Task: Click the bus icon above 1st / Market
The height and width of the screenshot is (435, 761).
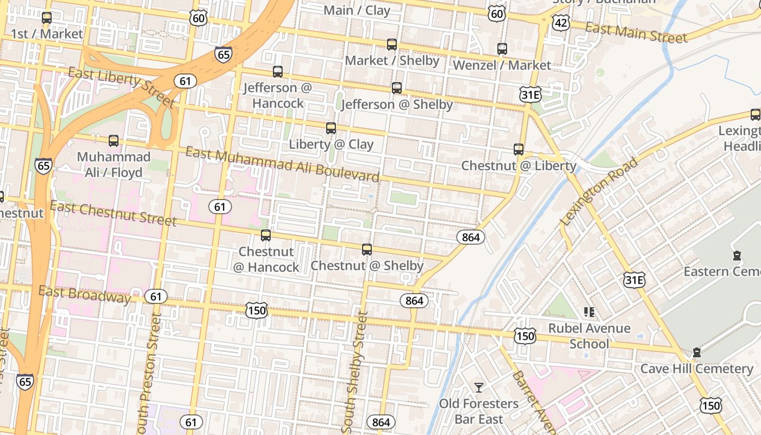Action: point(47,18)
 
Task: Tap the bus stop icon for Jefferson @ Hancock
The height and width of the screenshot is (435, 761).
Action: point(278,72)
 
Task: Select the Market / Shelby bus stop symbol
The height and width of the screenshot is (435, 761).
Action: point(392,45)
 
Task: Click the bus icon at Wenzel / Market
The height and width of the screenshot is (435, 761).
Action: point(502,49)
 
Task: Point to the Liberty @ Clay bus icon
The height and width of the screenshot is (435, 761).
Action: point(331,128)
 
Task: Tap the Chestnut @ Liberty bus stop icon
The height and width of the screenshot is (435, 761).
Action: point(519,150)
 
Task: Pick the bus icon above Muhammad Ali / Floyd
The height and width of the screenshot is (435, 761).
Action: point(114,141)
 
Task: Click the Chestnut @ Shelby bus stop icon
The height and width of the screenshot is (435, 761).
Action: point(367,250)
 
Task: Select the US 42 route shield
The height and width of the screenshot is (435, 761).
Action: point(560,22)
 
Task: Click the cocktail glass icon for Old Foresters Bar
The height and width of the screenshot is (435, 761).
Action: point(479,388)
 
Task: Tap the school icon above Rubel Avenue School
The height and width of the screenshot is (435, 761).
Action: point(589,312)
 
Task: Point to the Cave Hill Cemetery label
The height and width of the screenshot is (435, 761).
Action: point(697,369)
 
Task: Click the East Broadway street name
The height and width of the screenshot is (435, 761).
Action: point(84,294)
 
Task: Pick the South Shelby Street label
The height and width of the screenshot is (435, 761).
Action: point(355,372)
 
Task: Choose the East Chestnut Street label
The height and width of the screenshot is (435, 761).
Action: point(113,213)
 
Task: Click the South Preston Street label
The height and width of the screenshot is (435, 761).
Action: point(149,375)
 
